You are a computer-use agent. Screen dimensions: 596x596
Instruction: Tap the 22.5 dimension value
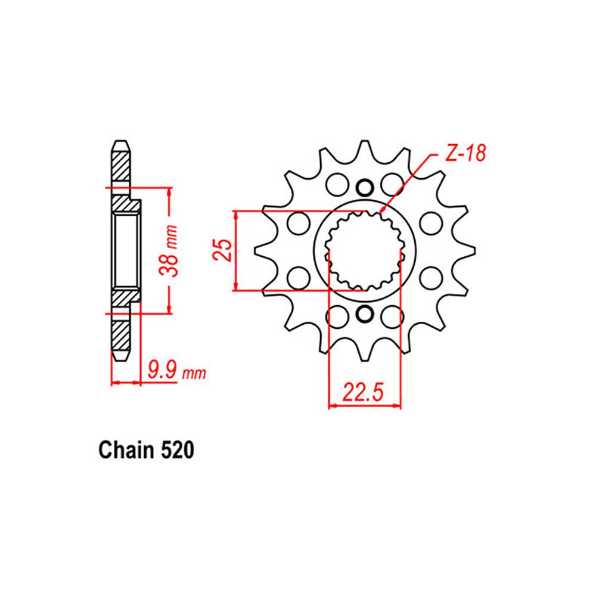pos(364,394)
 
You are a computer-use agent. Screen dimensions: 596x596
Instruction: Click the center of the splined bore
pos(364,250)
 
